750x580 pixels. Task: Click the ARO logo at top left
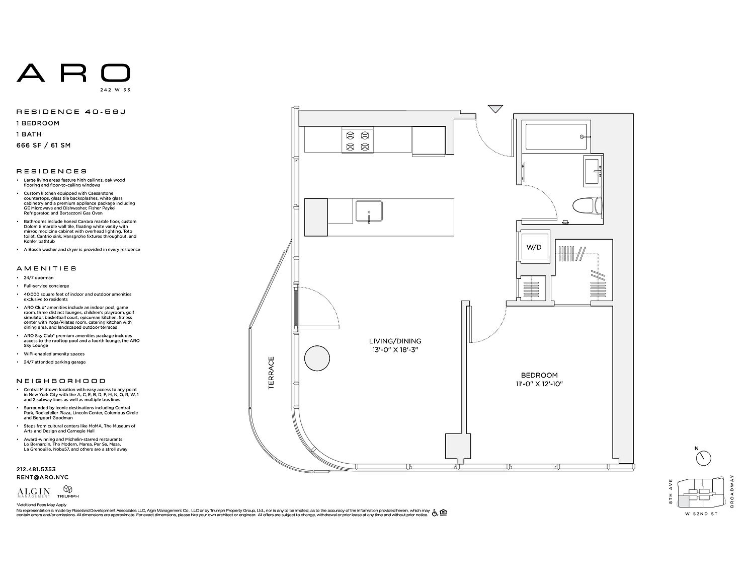coord(73,73)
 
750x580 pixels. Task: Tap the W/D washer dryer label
coord(534,247)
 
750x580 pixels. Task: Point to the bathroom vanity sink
coord(594,171)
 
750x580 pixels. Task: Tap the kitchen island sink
coord(369,211)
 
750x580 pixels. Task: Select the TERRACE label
coord(271,373)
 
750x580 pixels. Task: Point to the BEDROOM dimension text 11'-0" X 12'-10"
coord(539,384)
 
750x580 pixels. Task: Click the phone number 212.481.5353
coord(36,469)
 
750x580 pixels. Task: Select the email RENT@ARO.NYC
coord(42,477)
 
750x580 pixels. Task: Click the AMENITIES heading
coord(46,268)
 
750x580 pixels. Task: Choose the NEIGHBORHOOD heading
coord(61,381)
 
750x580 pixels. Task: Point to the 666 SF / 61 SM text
coord(43,146)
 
